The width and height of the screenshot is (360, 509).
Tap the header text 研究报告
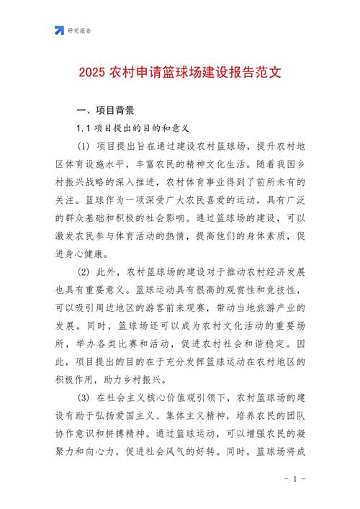(x=80, y=31)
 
